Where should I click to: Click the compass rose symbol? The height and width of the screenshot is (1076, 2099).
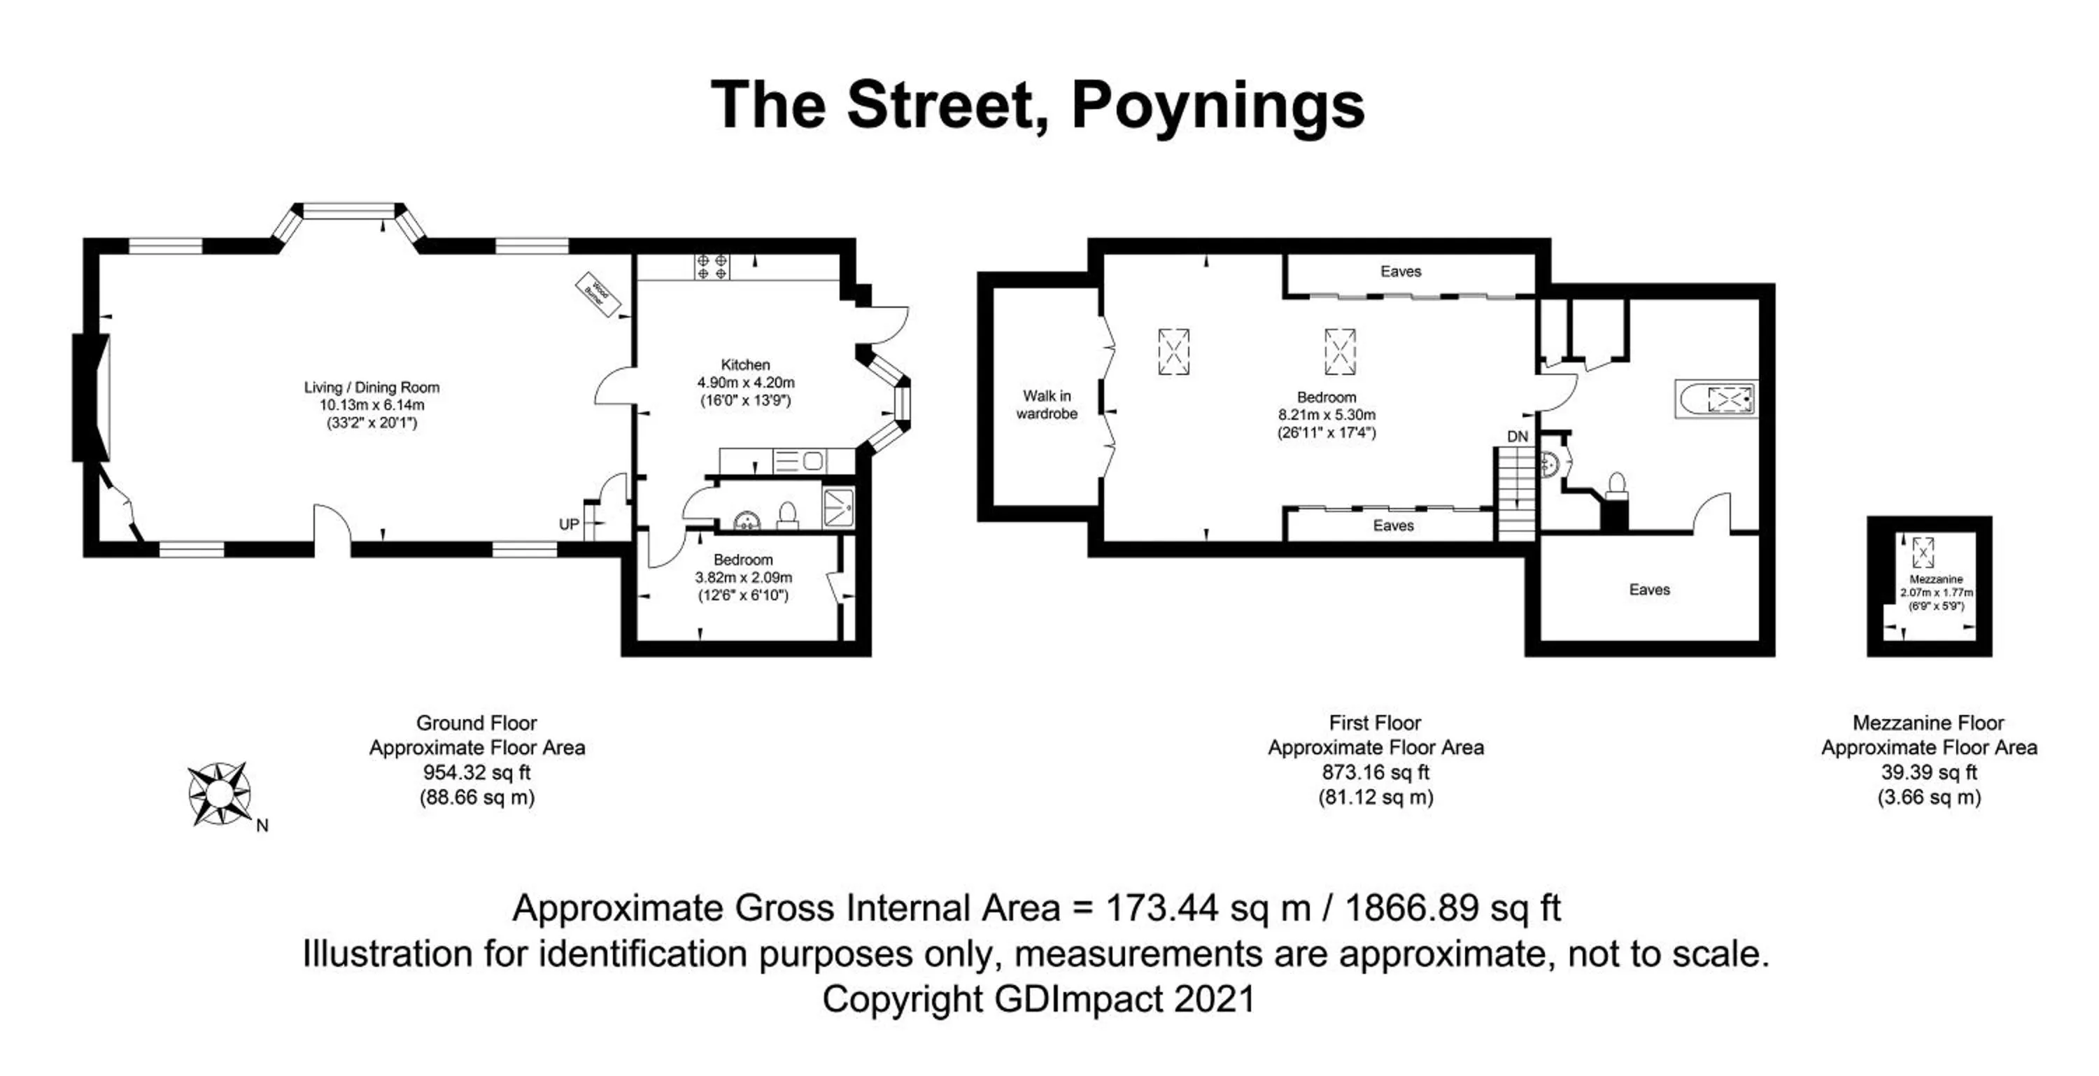218,793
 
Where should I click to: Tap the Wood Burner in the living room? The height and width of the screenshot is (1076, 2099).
599,294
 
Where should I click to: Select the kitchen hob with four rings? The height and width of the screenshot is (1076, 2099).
712,267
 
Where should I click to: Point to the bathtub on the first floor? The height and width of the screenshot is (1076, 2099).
1715,399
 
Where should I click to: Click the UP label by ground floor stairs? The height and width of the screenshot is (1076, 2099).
569,525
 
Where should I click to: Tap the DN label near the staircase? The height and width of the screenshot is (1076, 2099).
1517,437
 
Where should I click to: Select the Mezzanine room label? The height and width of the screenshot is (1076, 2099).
1936,579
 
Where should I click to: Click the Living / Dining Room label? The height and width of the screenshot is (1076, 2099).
372,388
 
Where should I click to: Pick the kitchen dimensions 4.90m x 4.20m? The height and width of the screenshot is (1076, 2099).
746,382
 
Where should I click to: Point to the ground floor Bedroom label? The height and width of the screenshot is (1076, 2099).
742,560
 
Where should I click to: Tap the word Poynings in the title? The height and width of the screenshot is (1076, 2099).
1217,106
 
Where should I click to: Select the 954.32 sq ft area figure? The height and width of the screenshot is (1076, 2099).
476,772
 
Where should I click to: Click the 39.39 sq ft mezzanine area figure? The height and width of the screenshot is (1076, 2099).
1929,772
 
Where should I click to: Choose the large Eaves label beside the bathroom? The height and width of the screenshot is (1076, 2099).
1649,590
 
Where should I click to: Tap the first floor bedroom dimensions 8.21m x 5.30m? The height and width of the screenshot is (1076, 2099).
1327,415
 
